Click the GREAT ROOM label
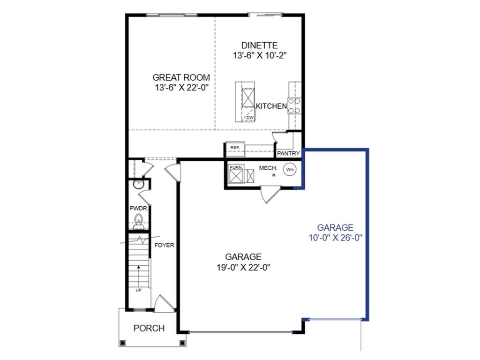181,77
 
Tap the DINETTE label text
259,45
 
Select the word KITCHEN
271,106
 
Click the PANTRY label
288,153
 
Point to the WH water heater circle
290,169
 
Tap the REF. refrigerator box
235,148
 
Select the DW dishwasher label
250,118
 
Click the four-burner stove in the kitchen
294,106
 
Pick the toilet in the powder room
138,219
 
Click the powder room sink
137,185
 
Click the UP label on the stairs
139,290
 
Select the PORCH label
149,328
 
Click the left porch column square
122,343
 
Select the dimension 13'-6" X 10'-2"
259,55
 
